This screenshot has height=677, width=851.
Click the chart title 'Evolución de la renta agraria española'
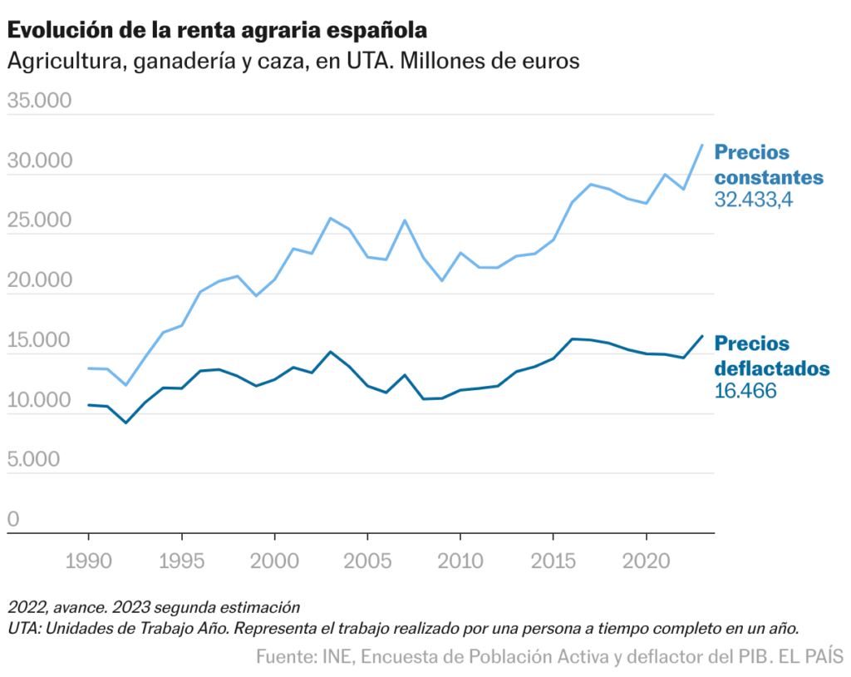pyautogui.click(x=217, y=31)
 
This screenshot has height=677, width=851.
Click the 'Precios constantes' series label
pyautogui.click(x=769, y=165)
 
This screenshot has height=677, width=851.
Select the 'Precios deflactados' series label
pyautogui.click(x=771, y=356)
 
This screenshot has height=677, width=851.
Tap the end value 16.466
pyautogui.click(x=745, y=390)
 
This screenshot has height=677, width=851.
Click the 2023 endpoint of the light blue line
pyautogui.click(x=703, y=145)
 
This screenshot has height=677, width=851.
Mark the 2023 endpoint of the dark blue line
pyautogui.click(x=703, y=336)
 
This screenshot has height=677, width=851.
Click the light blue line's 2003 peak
pyautogui.click(x=331, y=218)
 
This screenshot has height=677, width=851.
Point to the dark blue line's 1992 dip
pyautogui.click(x=125, y=423)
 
